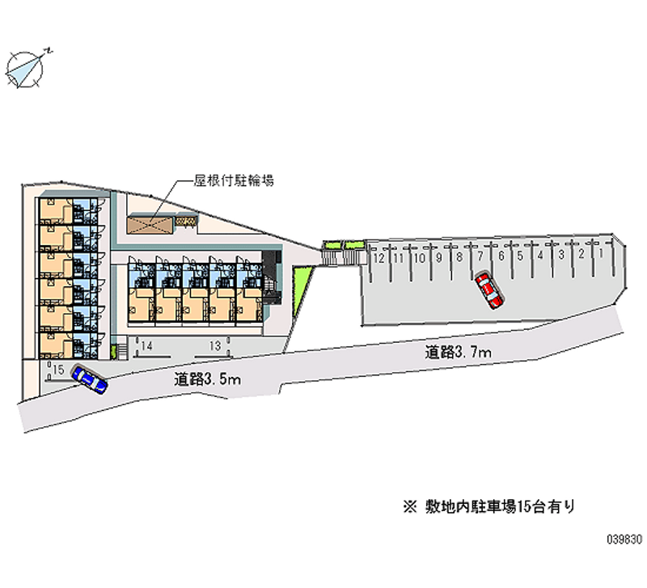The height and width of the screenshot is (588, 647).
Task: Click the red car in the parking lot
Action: (488, 290)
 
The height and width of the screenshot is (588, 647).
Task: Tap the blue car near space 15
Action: (89, 379)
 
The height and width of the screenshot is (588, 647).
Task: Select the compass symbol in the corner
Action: (26, 68)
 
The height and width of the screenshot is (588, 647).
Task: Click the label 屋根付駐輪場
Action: (234, 180)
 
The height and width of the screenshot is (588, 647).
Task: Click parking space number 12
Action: (378, 259)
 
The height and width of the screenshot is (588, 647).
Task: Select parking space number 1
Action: (601, 254)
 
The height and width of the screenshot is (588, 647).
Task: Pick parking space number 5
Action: (520, 256)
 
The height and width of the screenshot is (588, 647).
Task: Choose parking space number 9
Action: (438, 258)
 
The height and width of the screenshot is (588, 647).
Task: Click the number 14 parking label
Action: (146, 346)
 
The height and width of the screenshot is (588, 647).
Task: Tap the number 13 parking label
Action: (214, 346)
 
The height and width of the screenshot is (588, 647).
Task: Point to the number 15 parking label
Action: (57, 369)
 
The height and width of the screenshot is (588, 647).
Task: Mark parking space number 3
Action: (560, 256)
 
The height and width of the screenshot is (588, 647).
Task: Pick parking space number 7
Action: (480, 257)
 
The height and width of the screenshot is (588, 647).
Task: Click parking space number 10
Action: (418, 258)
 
